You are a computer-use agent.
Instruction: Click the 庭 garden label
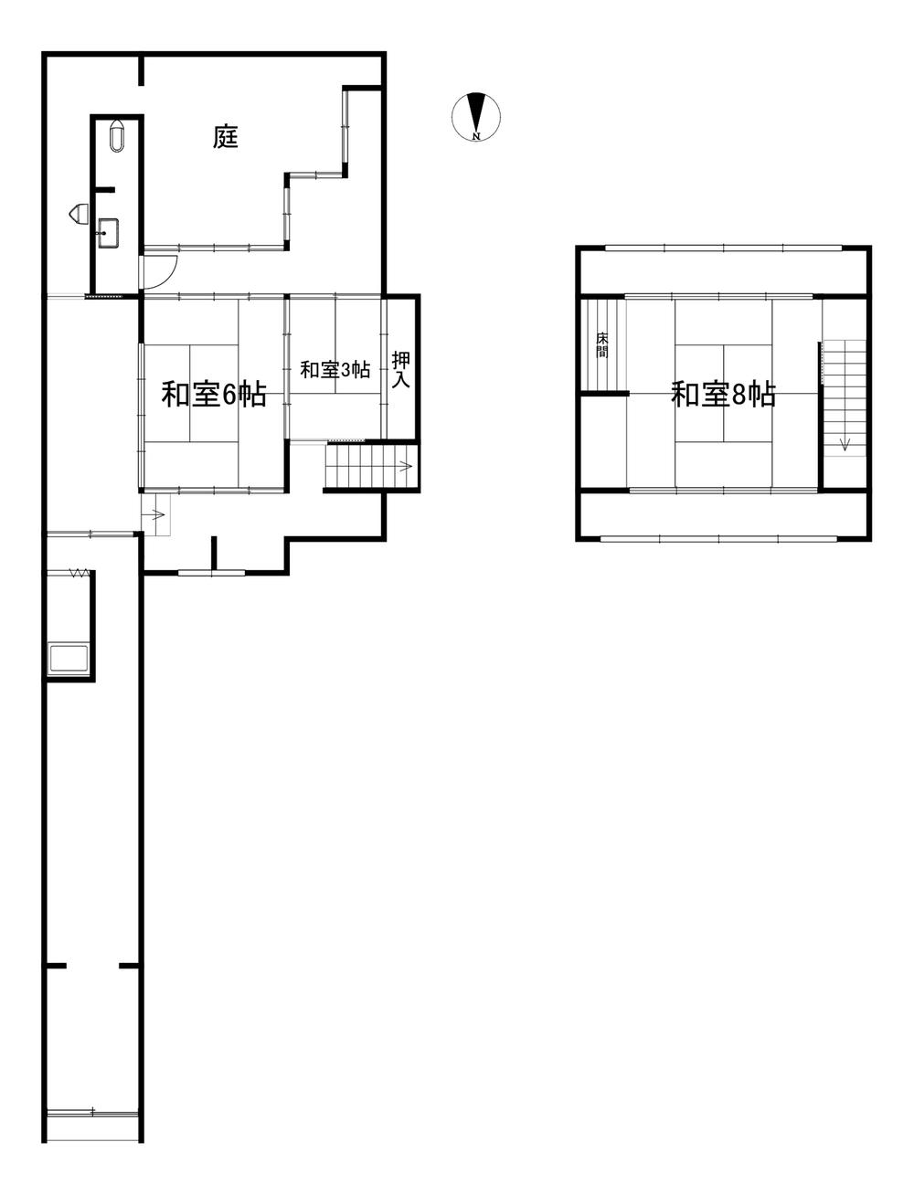[226, 137]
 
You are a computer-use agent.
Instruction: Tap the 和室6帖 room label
[214, 395]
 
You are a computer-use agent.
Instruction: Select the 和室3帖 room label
[335, 370]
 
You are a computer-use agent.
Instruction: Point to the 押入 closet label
[401, 370]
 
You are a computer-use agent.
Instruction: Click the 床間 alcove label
[602, 344]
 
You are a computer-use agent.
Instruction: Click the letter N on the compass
[476, 136]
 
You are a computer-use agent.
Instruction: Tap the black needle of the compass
[476, 112]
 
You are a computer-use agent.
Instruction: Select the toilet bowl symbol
[117, 136]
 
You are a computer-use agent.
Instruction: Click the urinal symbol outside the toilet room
[79, 213]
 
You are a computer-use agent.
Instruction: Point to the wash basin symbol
[109, 233]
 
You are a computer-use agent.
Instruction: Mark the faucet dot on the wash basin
[104, 233]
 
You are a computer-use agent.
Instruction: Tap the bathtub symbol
[69, 660]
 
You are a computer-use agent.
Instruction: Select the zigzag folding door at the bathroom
[80, 573]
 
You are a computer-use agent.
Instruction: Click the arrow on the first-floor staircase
[405, 466]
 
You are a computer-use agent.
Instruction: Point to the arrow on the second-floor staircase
[845, 444]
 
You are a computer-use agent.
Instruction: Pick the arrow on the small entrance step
[157, 514]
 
